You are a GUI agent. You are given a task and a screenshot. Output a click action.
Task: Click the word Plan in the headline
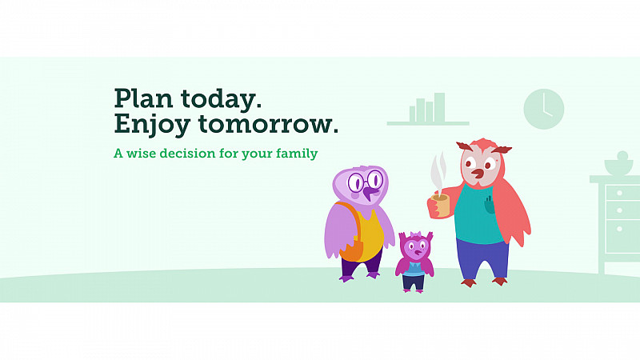[143, 98]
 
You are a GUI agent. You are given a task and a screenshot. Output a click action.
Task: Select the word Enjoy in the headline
[152, 125]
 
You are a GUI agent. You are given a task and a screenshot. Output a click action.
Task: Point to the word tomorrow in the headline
[268, 123]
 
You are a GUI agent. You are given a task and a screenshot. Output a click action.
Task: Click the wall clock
[544, 109]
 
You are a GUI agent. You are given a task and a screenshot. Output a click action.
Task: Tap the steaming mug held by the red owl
[439, 206]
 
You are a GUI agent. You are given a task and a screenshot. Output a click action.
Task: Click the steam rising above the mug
[438, 171]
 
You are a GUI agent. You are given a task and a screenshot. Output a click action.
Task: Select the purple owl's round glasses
[366, 181]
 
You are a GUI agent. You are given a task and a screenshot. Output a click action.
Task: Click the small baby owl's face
[416, 247]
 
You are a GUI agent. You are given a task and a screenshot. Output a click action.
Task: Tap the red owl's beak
[477, 174]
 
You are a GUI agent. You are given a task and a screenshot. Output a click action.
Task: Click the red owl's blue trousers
[483, 258]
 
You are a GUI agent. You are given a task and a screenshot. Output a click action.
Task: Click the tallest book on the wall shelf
[439, 107]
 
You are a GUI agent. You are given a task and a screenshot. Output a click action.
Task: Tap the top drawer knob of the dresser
[619, 192]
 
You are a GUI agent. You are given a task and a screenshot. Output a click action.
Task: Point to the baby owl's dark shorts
[414, 282]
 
